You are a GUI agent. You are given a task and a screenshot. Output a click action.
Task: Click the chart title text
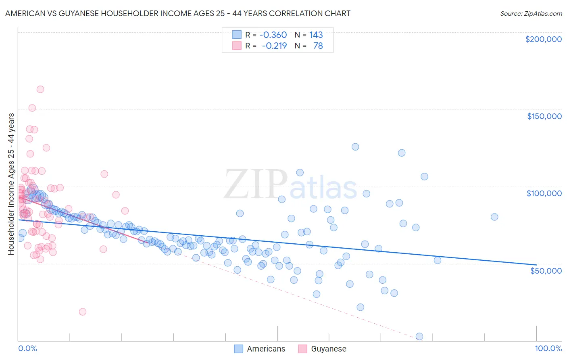pyautogui.click(x=177, y=13)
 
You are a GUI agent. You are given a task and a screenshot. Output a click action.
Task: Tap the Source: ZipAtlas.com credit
pyautogui.click(x=531, y=13)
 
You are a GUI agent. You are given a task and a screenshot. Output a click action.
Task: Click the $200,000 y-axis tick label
pyautogui.click(x=543, y=39)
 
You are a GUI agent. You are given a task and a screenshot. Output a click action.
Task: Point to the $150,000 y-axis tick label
pyautogui.click(x=544, y=116)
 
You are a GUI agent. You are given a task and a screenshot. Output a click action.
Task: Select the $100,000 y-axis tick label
pyautogui.click(x=544, y=193)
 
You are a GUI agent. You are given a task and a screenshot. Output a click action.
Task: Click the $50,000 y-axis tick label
pyautogui.click(x=546, y=270)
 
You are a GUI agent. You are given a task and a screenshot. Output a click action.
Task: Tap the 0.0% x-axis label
pyautogui.click(x=27, y=348)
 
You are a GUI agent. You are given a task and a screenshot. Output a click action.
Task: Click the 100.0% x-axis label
pyautogui.click(x=548, y=348)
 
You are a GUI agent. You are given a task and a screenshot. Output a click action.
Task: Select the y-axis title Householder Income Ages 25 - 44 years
pyautogui.click(x=11, y=184)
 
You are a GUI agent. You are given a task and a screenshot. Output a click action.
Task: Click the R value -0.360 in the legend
pyautogui.click(x=273, y=35)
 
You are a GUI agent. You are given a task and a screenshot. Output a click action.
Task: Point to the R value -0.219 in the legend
pyautogui.click(x=274, y=46)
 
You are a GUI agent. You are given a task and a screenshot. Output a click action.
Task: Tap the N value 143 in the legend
pyautogui.click(x=316, y=35)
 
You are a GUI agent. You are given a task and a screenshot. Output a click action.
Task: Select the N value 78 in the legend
pyautogui.click(x=318, y=46)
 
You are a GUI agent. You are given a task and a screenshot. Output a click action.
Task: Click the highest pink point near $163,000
pyautogui.click(x=40, y=89)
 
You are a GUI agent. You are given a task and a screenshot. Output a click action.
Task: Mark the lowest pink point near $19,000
pyautogui.click(x=83, y=312)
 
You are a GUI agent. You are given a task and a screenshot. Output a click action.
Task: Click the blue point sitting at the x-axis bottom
pyautogui.click(x=419, y=336)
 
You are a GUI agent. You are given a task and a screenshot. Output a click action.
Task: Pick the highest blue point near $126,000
pyautogui.click(x=355, y=147)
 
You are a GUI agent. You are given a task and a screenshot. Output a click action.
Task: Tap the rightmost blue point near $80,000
pyautogui.click(x=494, y=217)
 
